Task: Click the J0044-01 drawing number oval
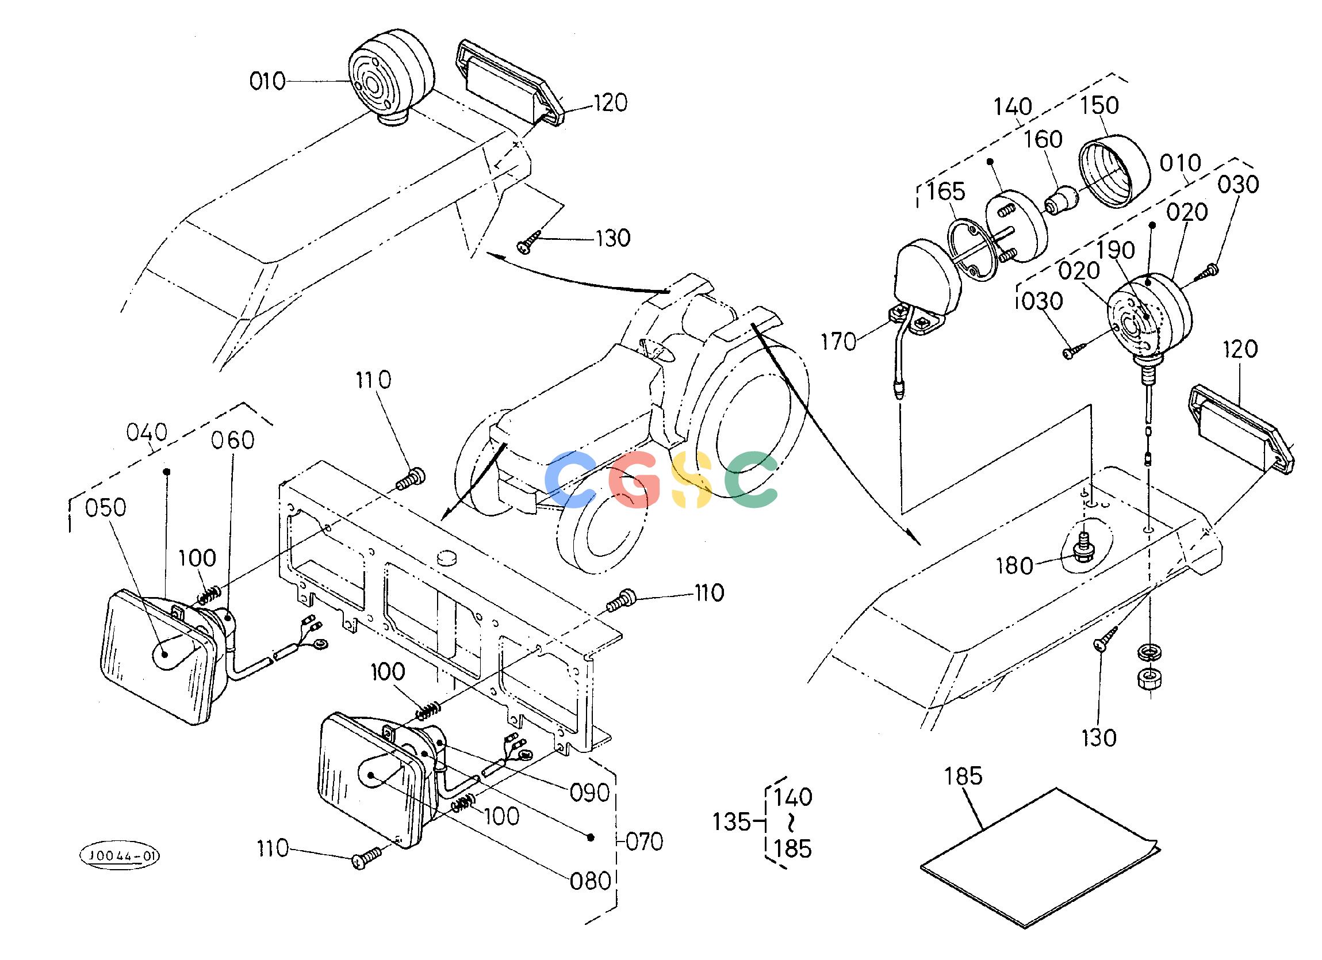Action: (x=120, y=855)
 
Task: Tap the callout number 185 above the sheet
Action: (x=963, y=777)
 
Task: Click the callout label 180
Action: (x=1015, y=567)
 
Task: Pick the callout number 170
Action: (x=839, y=342)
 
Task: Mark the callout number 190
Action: (x=1116, y=250)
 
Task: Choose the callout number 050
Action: (x=105, y=508)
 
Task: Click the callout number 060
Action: (x=232, y=441)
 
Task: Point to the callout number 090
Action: (x=589, y=793)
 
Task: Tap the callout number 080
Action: (x=591, y=881)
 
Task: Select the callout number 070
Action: (x=644, y=842)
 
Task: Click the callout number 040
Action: (x=147, y=433)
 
